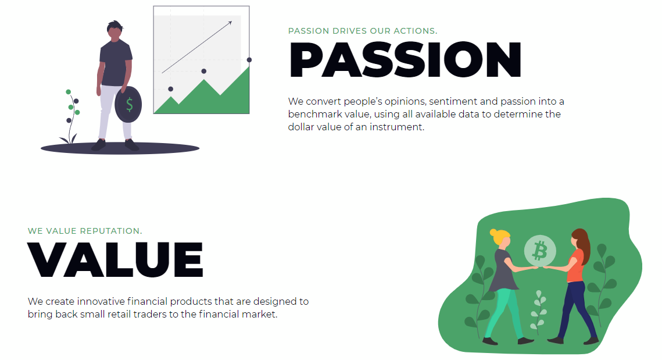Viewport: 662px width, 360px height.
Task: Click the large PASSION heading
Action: (x=405, y=59)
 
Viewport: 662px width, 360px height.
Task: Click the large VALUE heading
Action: (x=115, y=259)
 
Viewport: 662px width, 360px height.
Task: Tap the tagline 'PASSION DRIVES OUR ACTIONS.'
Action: (x=363, y=31)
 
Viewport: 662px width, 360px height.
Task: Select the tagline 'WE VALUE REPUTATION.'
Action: (x=85, y=231)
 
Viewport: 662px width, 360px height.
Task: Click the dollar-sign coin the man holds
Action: (x=128, y=104)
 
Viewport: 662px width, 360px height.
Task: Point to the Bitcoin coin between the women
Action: (x=540, y=251)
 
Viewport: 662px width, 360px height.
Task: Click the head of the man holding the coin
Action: (x=114, y=31)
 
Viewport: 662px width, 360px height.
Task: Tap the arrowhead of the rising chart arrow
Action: (x=230, y=23)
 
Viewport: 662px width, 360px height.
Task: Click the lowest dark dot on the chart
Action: (x=170, y=89)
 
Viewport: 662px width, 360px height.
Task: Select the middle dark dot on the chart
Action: (x=204, y=71)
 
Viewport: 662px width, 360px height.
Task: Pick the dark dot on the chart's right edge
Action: (x=249, y=60)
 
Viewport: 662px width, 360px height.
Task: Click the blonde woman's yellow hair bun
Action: (x=493, y=233)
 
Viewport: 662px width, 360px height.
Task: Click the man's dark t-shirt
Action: (x=115, y=63)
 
